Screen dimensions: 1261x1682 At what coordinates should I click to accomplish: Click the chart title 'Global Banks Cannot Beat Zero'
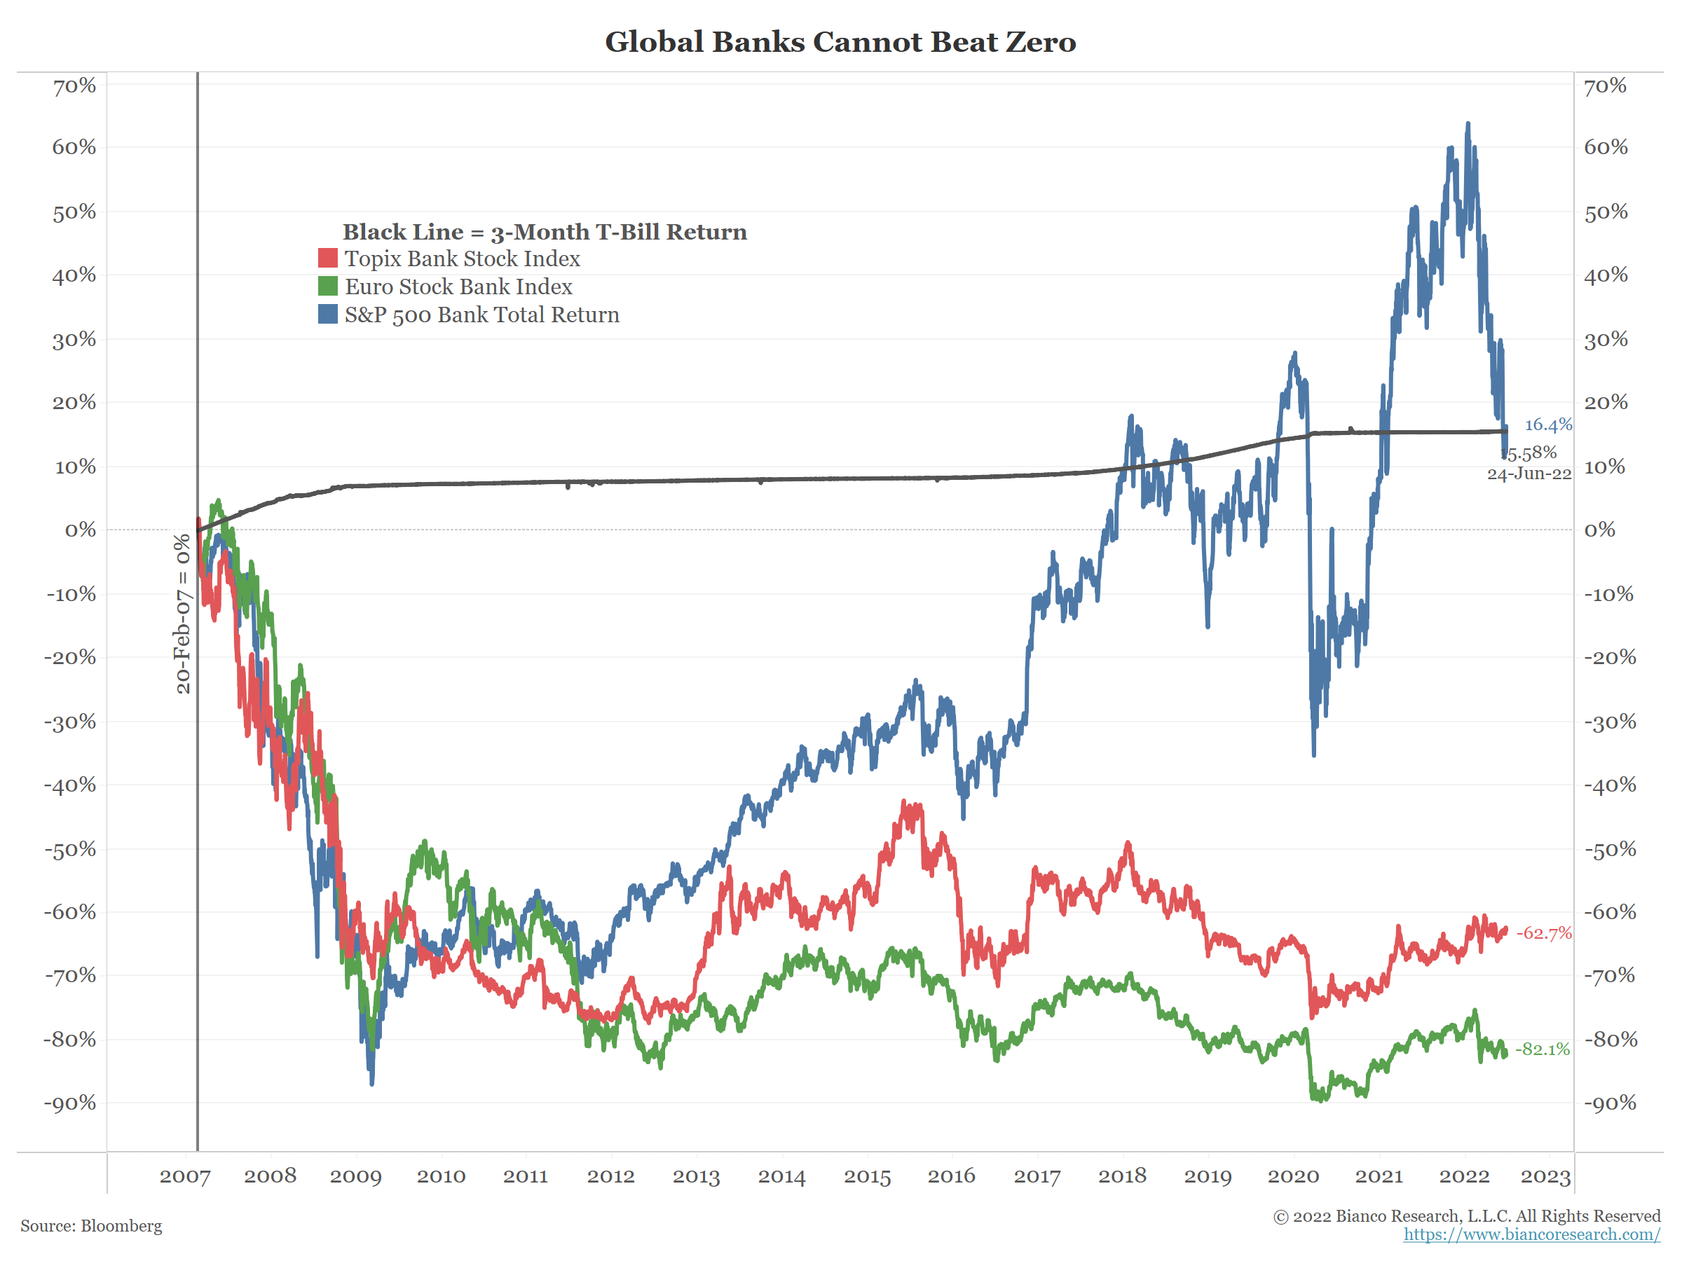pos(840,42)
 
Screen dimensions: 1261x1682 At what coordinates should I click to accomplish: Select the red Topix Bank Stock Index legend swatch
pos(328,259)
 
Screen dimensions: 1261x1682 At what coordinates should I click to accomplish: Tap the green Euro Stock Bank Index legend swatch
pos(328,287)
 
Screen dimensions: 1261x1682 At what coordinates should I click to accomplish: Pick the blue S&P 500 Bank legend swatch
pos(328,314)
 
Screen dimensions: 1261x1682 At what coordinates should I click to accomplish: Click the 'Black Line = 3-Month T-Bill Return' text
pos(545,232)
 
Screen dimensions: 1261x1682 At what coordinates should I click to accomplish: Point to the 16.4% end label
pos(1547,425)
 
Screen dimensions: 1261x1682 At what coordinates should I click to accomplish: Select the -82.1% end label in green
pos(1542,1049)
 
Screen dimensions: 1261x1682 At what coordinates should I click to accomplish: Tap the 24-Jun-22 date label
pos(1529,474)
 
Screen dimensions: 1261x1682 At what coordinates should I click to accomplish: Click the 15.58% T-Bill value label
pos(1530,453)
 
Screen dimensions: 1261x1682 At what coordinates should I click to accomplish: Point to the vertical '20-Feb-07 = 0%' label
pos(182,614)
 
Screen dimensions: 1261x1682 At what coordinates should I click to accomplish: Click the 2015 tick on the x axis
pos(867,1177)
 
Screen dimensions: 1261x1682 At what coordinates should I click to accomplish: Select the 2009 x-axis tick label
pos(355,1177)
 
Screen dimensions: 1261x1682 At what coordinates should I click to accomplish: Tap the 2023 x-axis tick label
pos(1545,1177)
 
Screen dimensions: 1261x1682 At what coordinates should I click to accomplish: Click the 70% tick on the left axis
pos(74,86)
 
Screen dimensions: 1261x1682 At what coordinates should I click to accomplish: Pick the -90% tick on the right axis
pos(1610,1103)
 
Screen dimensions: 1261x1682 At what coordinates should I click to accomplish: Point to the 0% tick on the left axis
pos(81,530)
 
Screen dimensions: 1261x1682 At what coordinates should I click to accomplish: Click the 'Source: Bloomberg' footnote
pos(91,1226)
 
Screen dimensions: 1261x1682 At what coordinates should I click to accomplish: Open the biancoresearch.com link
pos(1531,1234)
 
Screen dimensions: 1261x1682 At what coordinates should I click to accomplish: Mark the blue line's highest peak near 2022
pos(1468,124)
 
